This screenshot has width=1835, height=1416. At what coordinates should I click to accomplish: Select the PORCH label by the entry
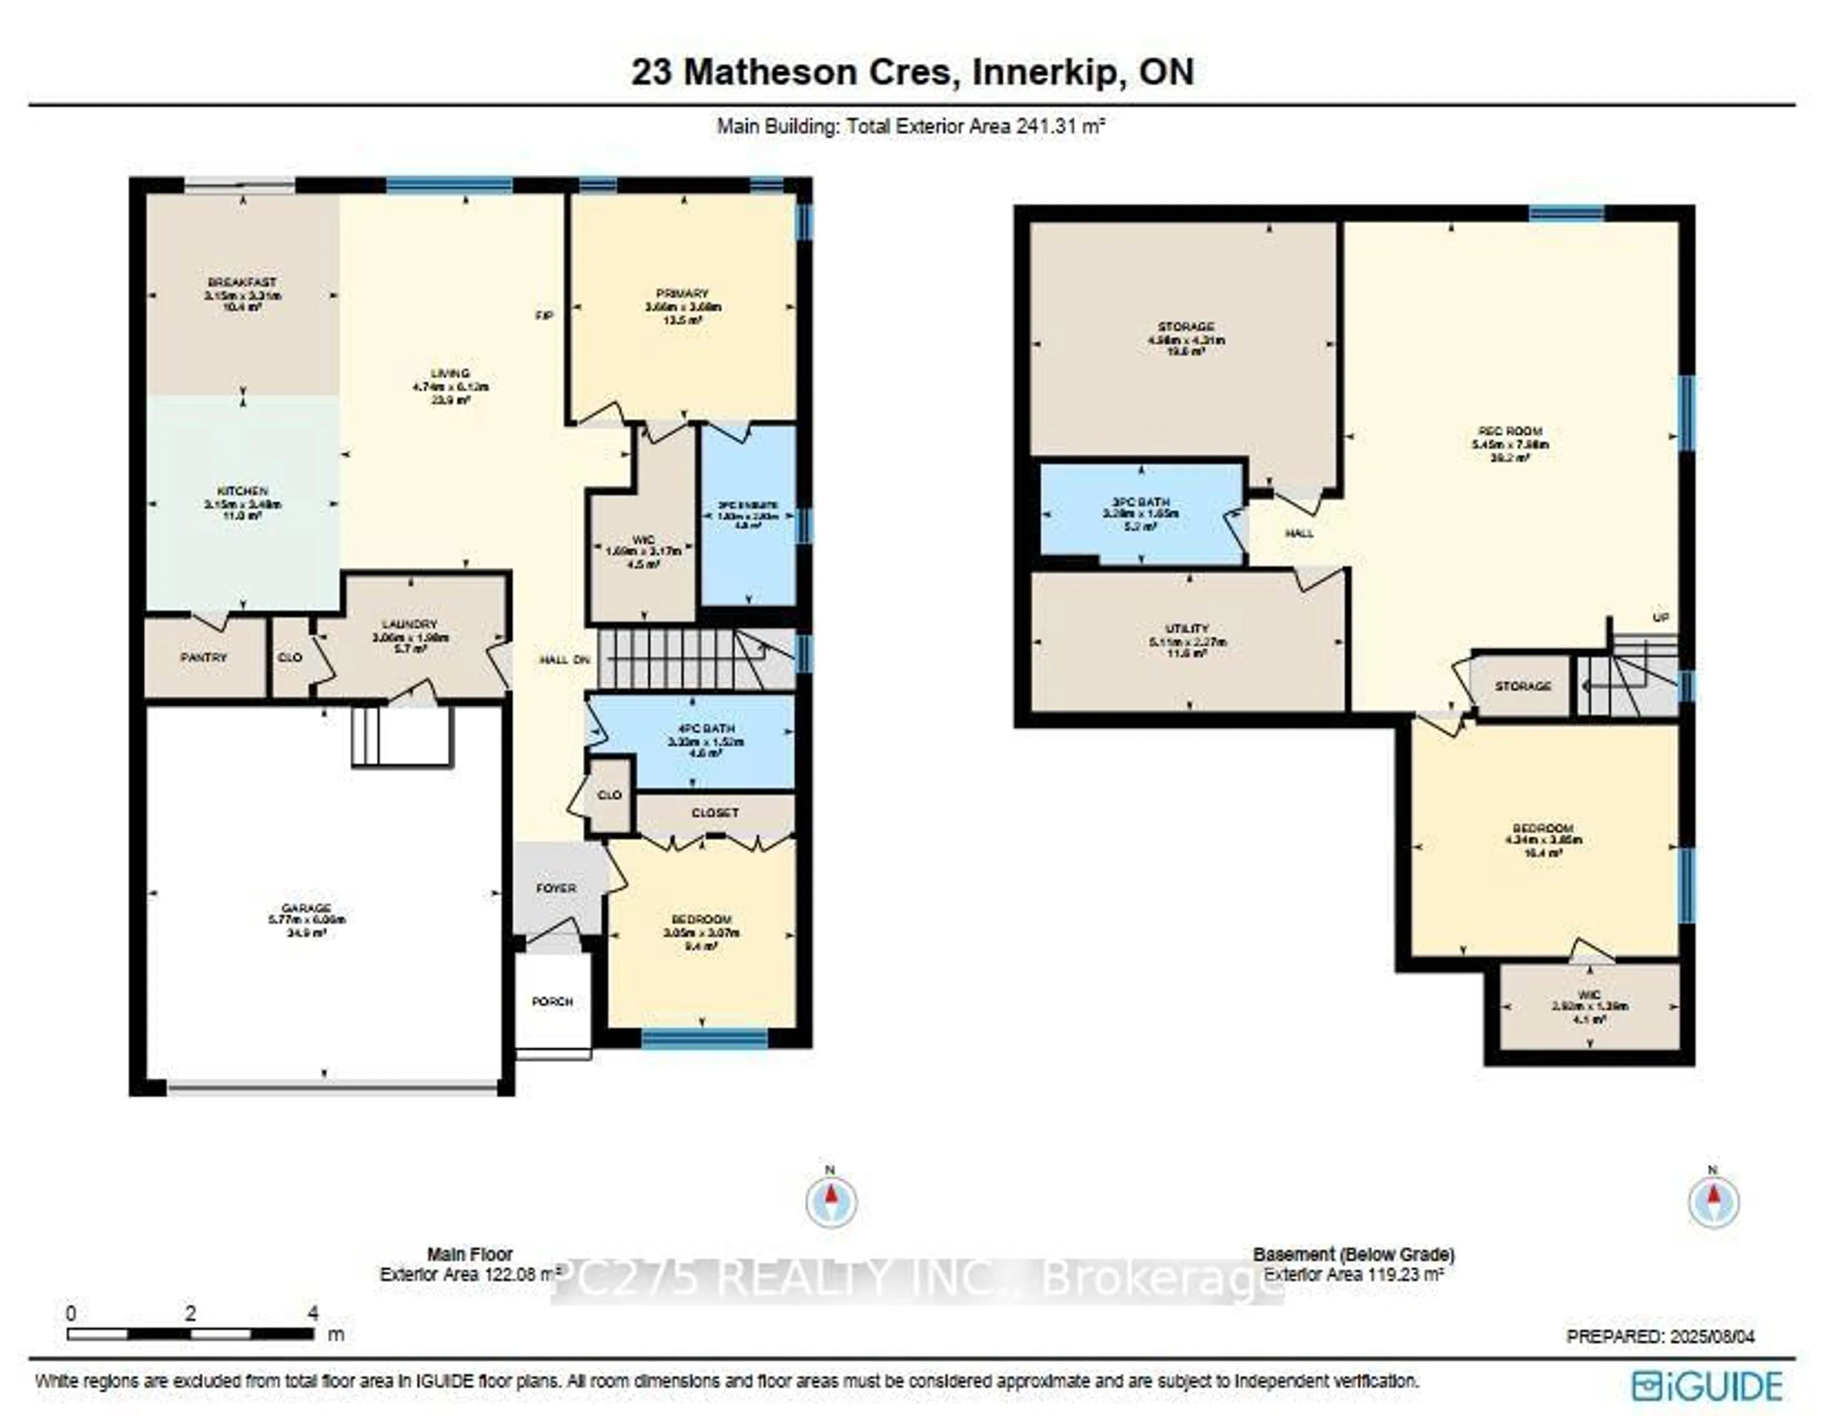pyautogui.click(x=552, y=1002)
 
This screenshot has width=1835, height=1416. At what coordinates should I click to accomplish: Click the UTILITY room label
pyautogui.click(x=1187, y=629)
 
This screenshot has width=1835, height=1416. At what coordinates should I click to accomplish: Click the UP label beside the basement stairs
pyautogui.click(x=1660, y=618)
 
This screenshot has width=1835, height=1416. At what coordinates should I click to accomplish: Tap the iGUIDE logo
pyautogui.click(x=1707, y=1386)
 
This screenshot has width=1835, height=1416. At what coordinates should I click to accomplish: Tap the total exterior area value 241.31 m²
pyautogui.click(x=1060, y=127)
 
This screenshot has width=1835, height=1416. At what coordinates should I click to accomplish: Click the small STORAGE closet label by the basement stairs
pyautogui.click(x=1522, y=686)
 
